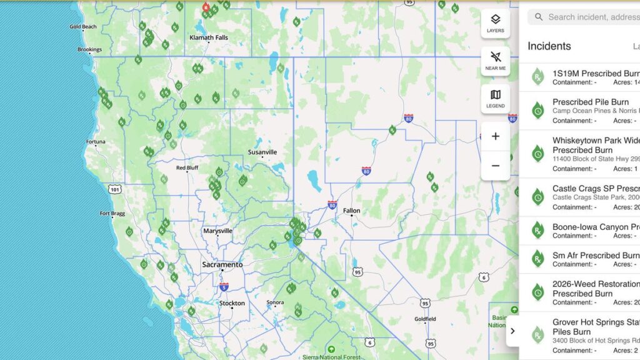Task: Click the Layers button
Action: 495,23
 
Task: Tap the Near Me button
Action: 495,61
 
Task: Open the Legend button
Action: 495,99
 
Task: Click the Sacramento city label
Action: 222,265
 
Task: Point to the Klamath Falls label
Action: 209,37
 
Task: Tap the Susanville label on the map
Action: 262,152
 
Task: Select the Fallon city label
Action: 351,211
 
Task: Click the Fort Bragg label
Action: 112,214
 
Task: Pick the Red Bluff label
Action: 187,168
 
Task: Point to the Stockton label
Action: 232,304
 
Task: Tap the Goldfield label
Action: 425,319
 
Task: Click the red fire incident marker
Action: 206,7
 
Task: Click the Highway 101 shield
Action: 114,188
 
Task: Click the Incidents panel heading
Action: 549,46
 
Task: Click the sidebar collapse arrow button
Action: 512,331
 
